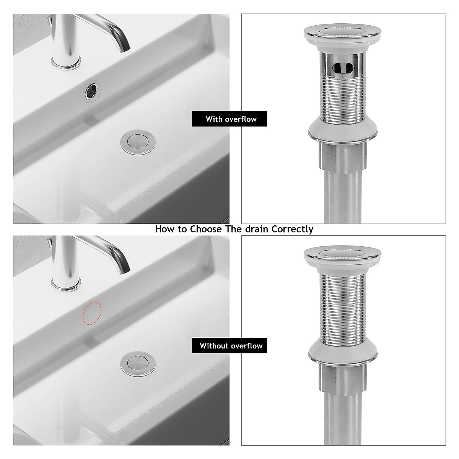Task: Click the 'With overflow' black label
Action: tap(229, 119)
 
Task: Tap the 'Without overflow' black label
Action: tap(229, 346)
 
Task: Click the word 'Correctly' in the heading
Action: tap(292, 229)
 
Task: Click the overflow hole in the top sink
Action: tap(91, 91)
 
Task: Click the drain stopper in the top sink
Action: tap(137, 142)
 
